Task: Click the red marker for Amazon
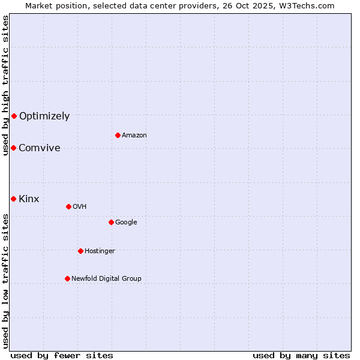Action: click(118, 135)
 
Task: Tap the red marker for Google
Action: click(111, 222)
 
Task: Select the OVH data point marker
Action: click(68, 206)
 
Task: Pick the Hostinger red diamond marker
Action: click(80, 251)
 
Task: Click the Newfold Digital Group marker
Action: click(67, 278)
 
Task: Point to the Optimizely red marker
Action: click(14, 116)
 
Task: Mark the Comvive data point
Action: click(13, 148)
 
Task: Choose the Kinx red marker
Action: click(13, 199)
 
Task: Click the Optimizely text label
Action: click(44, 116)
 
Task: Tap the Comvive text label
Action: click(40, 148)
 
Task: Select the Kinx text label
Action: click(29, 199)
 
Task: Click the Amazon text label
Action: click(134, 136)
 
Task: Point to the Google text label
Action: click(126, 223)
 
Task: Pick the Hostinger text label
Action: click(100, 251)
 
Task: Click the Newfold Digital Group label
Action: click(106, 279)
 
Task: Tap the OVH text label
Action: click(80, 207)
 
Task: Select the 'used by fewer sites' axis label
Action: click(62, 355)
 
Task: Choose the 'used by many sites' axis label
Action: click(301, 355)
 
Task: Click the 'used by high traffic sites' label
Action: click(5, 85)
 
